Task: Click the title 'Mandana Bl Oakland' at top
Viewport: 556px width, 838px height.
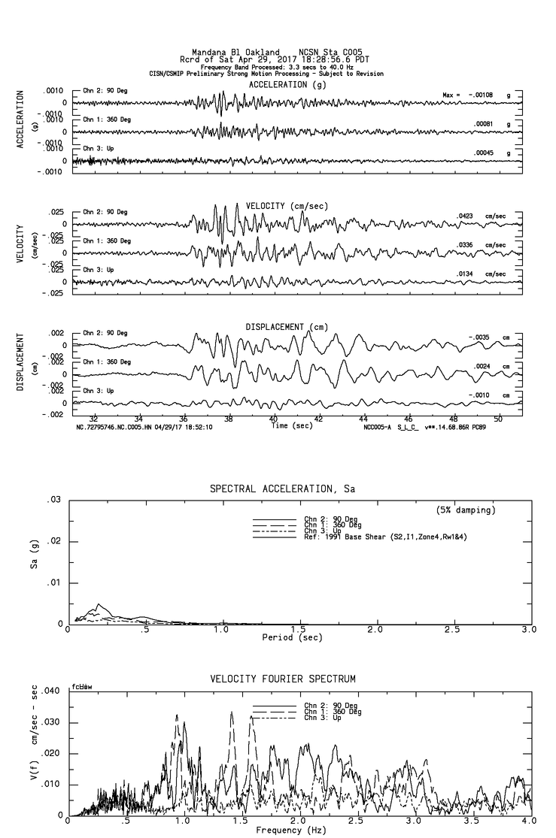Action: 236,52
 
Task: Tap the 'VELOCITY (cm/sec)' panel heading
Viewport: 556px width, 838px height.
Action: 287,206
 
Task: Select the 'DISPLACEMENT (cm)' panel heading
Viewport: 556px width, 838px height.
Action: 286,327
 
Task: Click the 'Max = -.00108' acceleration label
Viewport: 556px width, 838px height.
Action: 469,95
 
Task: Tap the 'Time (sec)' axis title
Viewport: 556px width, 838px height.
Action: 292,425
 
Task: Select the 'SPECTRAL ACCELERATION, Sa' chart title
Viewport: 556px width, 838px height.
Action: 282,489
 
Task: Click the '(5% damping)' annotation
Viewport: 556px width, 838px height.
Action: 466,510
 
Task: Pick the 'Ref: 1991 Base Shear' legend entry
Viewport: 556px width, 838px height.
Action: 366,536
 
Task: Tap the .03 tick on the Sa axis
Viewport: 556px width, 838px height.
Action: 53,500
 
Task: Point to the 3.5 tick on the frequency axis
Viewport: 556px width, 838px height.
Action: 452,822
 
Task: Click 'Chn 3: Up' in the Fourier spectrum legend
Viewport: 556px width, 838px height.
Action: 321,718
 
